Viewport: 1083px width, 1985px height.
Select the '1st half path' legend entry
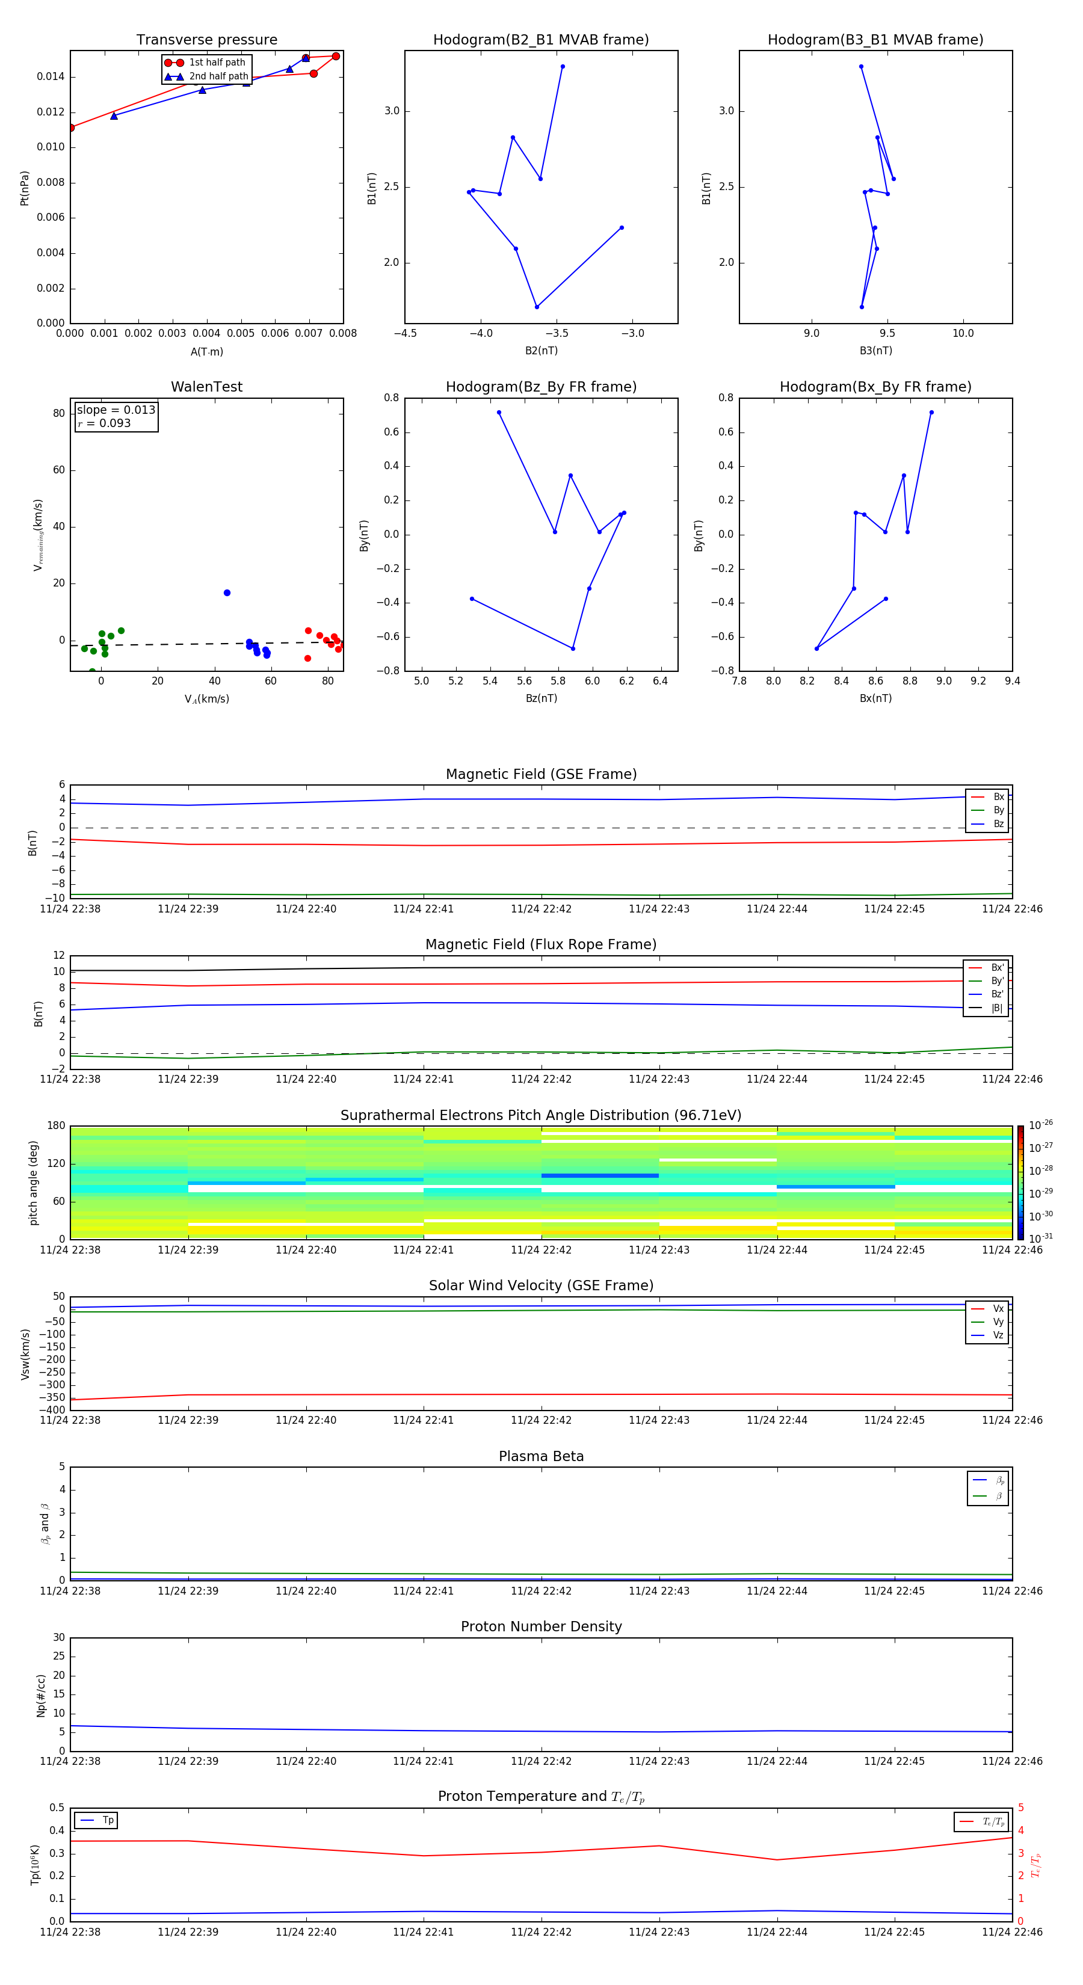pos(217,63)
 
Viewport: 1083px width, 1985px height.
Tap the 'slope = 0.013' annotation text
pos(116,410)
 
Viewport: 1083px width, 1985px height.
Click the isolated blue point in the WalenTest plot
pos(227,592)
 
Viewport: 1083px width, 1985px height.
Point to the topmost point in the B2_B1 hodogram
pos(563,66)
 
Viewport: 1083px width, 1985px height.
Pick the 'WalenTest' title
pos(206,387)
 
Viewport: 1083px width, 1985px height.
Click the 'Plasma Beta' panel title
pos(541,1456)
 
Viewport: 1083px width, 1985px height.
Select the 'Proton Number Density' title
pos(541,1626)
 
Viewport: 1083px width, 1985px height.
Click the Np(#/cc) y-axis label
pos(41,1694)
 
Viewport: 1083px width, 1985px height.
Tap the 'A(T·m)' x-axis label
pos(206,351)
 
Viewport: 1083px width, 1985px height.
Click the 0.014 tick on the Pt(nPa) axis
pos(51,76)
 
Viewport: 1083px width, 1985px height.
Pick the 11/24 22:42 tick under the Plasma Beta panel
pos(541,1590)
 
